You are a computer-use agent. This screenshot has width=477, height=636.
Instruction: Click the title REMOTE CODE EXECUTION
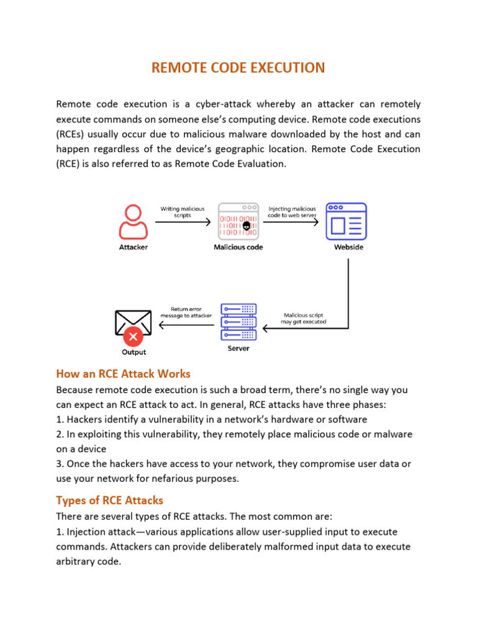238,68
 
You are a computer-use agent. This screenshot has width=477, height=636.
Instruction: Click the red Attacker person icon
133,222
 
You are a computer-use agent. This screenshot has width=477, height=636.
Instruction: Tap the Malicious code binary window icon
238,222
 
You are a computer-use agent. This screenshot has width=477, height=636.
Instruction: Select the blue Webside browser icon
347,222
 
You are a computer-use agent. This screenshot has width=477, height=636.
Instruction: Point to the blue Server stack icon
238,322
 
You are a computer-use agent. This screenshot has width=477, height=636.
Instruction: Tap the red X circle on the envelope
133,337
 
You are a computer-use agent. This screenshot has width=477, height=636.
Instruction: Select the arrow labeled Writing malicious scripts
183,222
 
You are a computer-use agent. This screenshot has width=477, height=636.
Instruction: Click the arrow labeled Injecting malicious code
291,222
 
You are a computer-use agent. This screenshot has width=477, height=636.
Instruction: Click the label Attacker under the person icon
133,247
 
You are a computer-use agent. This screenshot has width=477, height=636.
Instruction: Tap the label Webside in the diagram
348,247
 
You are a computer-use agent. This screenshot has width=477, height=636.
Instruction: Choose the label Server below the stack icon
238,348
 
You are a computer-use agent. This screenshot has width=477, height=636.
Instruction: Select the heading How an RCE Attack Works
123,374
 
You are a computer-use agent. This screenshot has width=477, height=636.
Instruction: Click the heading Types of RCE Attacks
109,500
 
